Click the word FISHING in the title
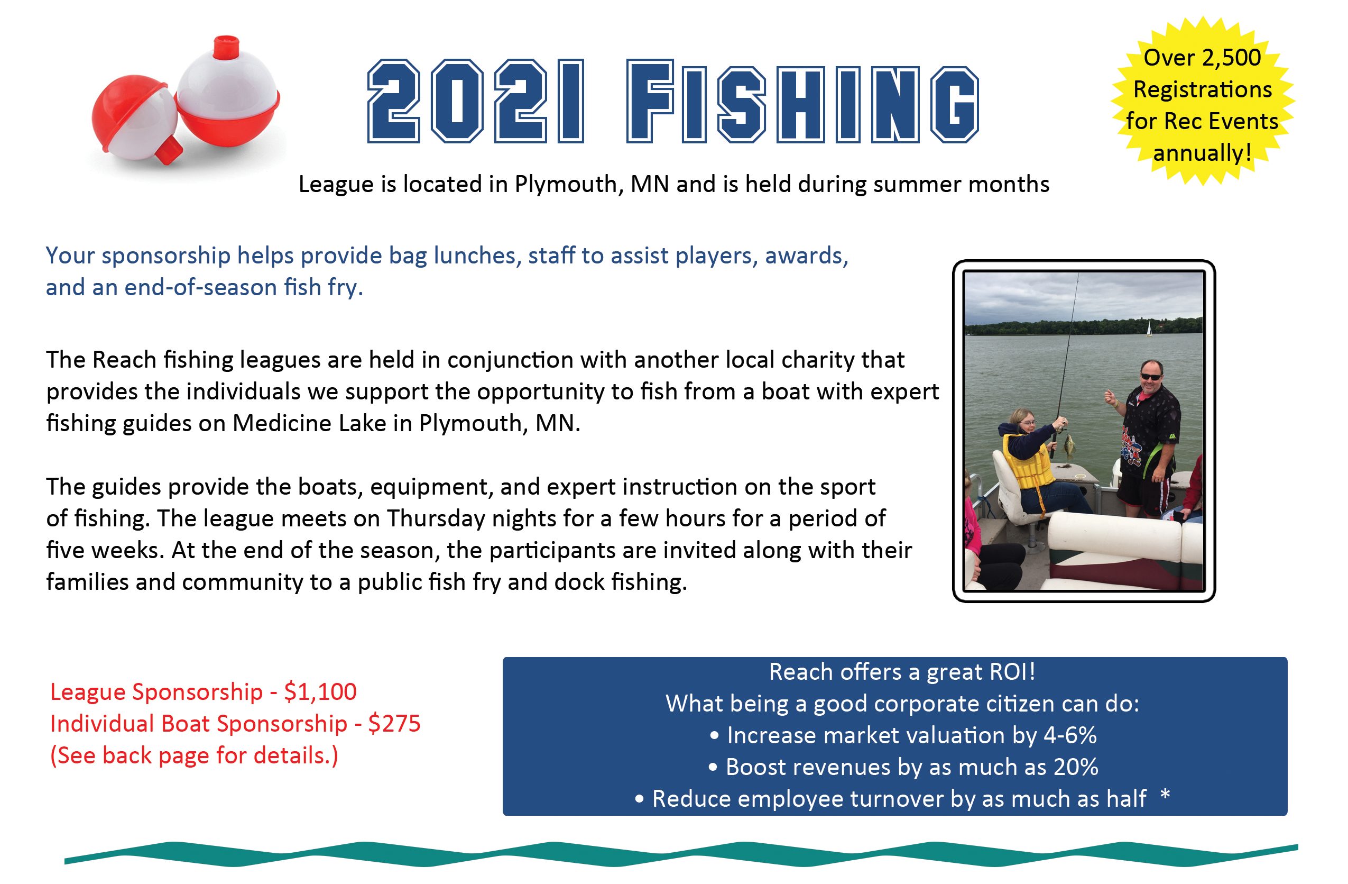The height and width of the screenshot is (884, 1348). click(802, 102)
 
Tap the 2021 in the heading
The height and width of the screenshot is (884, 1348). click(476, 102)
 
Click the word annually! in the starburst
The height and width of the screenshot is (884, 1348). click(1202, 153)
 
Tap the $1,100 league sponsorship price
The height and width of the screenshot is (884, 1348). click(320, 692)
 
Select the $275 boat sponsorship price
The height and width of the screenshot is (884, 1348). click(394, 724)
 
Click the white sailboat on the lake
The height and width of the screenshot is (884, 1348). click(1148, 329)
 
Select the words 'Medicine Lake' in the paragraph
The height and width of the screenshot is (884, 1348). click(309, 423)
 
